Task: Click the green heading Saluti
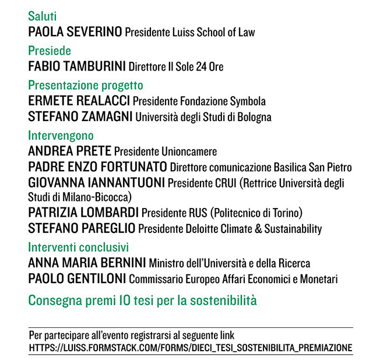(x=43, y=16)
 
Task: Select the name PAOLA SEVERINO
(x=75, y=32)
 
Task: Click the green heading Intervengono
(x=61, y=136)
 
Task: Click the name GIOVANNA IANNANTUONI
(x=96, y=182)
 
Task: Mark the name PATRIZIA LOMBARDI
(x=83, y=213)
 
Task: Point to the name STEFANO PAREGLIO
(x=82, y=228)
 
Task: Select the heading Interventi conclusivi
(x=78, y=247)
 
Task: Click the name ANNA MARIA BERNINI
(x=87, y=263)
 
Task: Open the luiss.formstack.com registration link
(x=191, y=348)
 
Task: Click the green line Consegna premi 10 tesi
(x=142, y=301)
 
